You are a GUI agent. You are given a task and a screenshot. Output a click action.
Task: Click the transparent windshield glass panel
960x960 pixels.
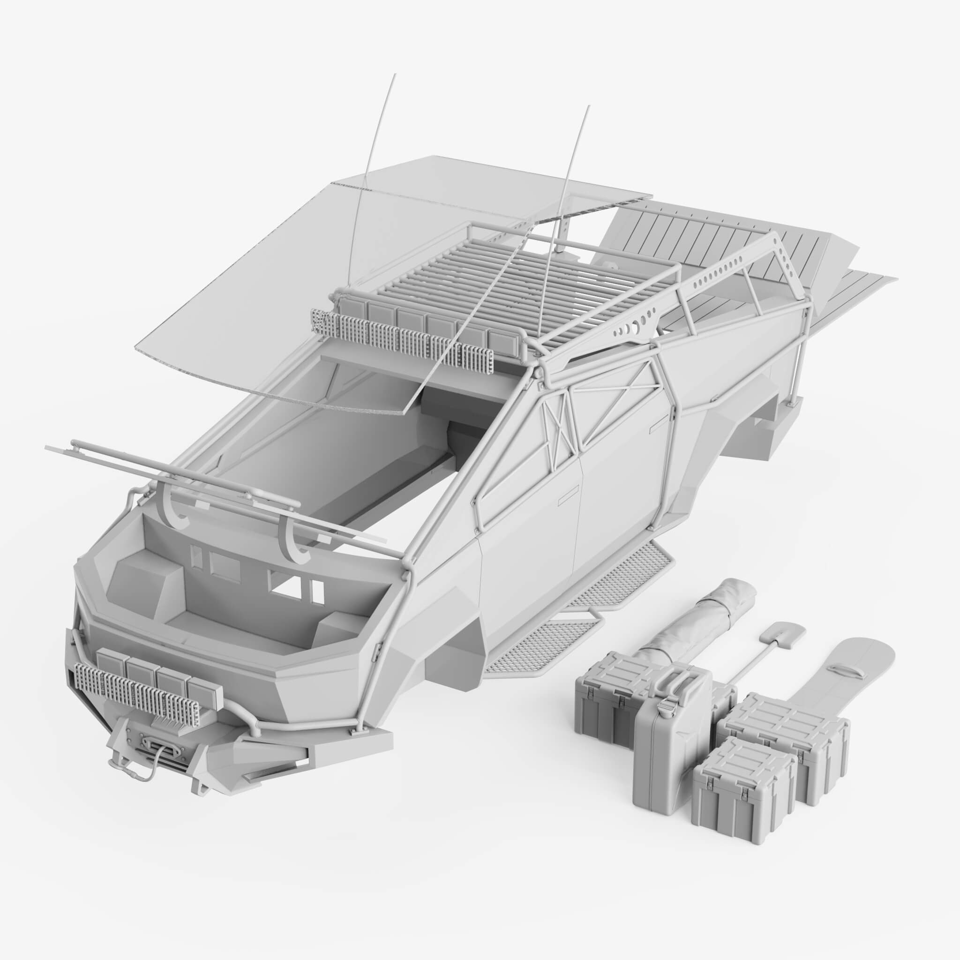[x=298, y=288]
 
